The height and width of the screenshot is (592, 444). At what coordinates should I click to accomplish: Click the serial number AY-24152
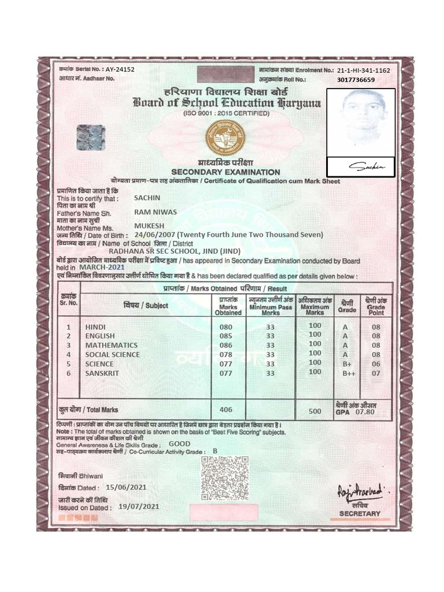(x=120, y=69)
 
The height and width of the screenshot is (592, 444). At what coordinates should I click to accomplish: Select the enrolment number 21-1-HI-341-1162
(x=364, y=71)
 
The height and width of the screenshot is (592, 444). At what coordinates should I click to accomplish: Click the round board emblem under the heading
(x=225, y=138)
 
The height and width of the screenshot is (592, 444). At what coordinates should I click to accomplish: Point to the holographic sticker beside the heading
(x=91, y=138)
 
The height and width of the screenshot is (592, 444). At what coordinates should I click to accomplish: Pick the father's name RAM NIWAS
(x=156, y=212)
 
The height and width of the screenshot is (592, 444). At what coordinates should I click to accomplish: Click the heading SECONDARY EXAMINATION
(x=225, y=172)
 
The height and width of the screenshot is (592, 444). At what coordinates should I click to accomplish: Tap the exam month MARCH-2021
(x=102, y=267)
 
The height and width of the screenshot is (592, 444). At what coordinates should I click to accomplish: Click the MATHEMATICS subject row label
(x=112, y=345)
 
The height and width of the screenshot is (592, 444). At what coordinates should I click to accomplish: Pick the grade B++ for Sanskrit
(x=348, y=373)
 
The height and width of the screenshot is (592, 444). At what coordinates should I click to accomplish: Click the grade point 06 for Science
(x=376, y=364)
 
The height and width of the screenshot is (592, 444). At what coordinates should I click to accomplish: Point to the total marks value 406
(x=225, y=409)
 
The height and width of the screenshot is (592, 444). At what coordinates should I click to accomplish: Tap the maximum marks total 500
(x=314, y=412)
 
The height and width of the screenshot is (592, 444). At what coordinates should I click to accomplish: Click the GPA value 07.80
(x=365, y=412)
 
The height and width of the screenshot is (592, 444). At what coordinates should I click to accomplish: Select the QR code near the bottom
(x=225, y=478)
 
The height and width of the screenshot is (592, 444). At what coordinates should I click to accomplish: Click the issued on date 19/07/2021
(x=138, y=506)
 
